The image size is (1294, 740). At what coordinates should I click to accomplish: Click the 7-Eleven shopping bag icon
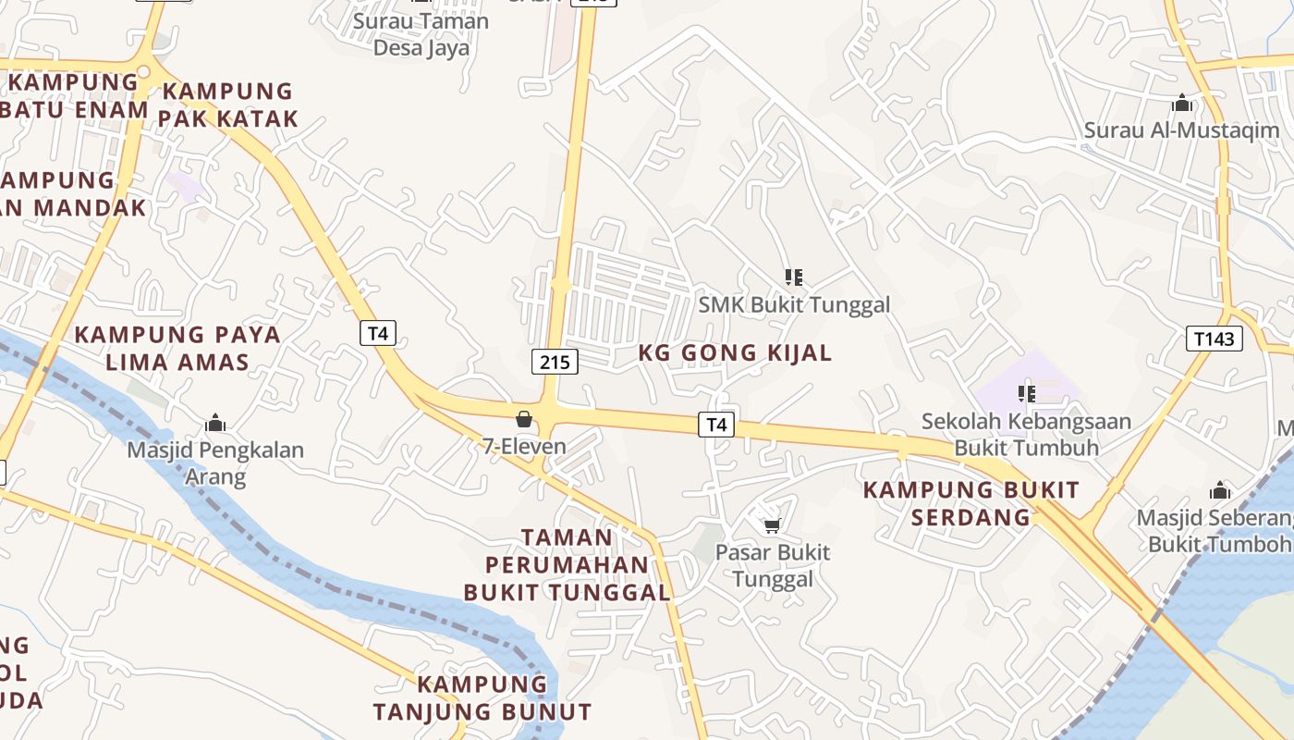pos(524,419)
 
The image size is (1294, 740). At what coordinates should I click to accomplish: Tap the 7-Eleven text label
pos(524,447)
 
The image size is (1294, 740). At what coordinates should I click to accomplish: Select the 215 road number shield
pos(555,362)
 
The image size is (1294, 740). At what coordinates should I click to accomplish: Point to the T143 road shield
pos(1214,339)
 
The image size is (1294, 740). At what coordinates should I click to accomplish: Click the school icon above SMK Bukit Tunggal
pos(793,277)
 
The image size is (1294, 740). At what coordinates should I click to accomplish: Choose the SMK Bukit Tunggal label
pos(794,304)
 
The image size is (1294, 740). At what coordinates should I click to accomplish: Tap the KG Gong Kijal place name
pos(735,352)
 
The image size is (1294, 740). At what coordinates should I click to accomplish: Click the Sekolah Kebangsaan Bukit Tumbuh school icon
pos(1026,394)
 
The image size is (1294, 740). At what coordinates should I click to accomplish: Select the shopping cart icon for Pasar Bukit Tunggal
pos(773,525)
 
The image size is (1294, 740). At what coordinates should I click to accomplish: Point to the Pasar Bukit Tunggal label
pos(773,566)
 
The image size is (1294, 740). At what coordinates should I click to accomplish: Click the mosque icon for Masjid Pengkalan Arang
pos(215,424)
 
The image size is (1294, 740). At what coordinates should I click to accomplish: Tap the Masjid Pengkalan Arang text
pos(215,463)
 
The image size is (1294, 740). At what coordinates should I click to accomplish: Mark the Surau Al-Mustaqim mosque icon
pos(1181,103)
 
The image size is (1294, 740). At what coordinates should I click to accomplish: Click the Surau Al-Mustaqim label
pos(1181,130)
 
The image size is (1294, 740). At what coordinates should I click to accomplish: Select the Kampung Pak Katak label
pos(227,105)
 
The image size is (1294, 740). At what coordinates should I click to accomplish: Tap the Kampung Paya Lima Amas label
pos(177,348)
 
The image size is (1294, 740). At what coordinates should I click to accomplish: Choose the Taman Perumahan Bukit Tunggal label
pos(567,564)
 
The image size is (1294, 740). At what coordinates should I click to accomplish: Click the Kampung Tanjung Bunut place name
pos(482,698)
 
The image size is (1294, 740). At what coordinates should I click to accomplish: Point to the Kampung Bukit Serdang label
pos(970,503)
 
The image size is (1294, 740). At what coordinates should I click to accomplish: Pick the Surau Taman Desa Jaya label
pos(421,34)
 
